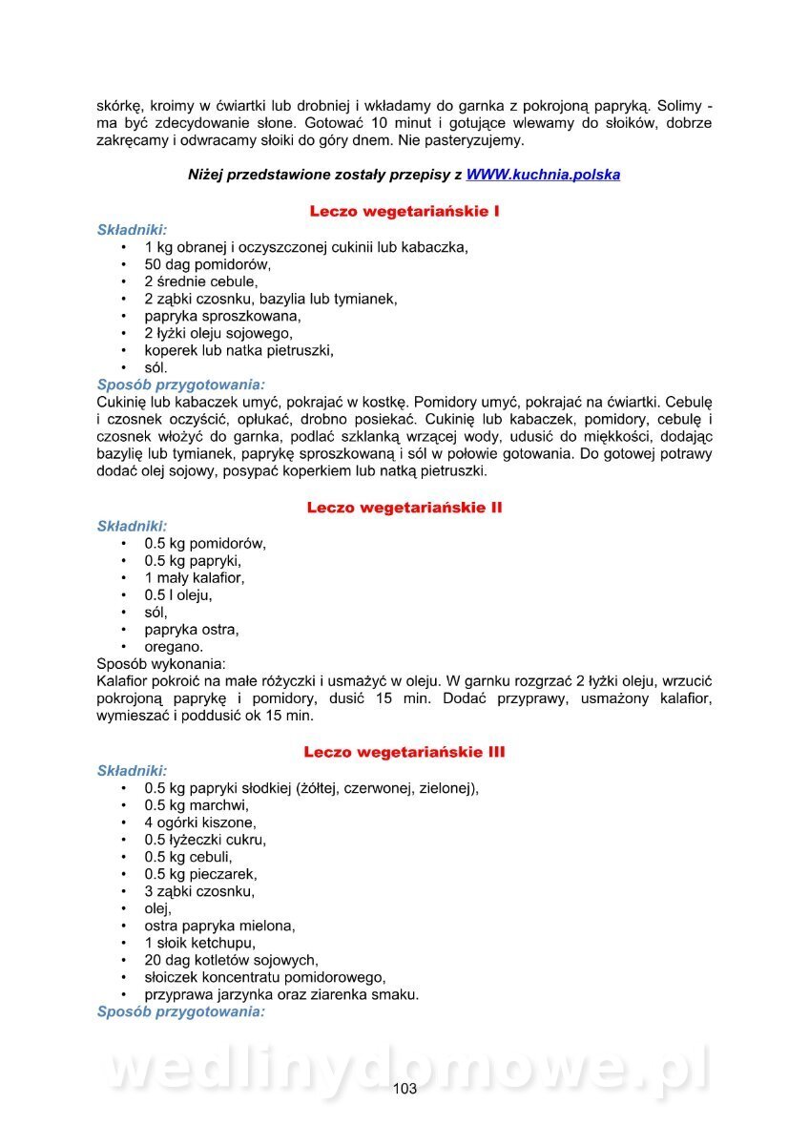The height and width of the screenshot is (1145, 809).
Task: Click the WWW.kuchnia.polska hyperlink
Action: (543, 175)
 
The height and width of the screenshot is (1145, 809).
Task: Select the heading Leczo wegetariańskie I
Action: (404, 211)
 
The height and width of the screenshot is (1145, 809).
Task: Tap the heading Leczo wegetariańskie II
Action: (404, 508)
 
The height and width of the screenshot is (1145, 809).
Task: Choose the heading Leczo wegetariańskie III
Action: (404, 752)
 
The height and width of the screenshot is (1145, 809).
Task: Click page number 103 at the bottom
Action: (404, 1090)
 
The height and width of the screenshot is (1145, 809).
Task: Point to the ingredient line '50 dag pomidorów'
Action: (208, 264)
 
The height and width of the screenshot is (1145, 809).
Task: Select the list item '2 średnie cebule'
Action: (200, 281)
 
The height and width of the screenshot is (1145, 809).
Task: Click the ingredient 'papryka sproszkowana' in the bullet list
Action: (222, 316)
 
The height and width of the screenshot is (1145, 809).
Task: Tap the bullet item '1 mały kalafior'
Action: (195, 578)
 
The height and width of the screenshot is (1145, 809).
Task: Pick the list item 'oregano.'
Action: (174, 647)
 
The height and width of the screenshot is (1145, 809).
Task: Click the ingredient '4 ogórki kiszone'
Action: (199, 822)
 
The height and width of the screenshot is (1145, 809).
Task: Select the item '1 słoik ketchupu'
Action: (200, 943)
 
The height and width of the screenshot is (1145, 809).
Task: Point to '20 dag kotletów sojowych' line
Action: (231, 960)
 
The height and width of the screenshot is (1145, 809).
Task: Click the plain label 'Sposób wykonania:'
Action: (161, 663)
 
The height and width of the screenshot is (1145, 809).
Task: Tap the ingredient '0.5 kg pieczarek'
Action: (200, 874)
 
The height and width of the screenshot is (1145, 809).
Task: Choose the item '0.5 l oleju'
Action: (178, 595)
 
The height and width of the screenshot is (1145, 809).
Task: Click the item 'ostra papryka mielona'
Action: (219, 926)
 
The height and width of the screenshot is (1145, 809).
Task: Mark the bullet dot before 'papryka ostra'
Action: (124, 630)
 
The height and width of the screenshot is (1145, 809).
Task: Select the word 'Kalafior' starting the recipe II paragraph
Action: (125, 681)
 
